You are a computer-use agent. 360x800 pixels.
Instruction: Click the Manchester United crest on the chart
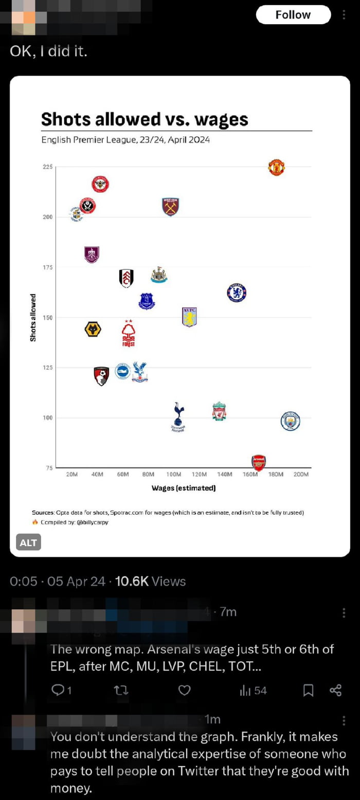[x=276, y=168]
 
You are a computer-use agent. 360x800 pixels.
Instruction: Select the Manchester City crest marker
[x=290, y=421]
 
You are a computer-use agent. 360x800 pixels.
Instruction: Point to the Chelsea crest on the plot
[x=237, y=293]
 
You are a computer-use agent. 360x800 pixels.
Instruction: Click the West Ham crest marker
[x=170, y=207]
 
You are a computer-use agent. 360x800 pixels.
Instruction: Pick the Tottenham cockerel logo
[x=178, y=415]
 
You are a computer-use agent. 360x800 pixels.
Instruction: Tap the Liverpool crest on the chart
[x=220, y=411]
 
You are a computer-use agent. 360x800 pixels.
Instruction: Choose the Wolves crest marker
[x=93, y=329]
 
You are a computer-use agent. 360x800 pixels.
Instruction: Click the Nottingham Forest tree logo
[x=129, y=333]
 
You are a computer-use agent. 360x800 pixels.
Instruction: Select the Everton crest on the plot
[x=147, y=301]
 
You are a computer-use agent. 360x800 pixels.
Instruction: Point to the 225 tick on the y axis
[x=47, y=167]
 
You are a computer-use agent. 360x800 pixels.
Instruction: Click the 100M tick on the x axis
[x=174, y=474]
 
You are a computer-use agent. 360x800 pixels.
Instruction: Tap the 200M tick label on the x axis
[x=301, y=474]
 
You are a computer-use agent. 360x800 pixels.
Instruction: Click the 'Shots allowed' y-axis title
[x=33, y=317]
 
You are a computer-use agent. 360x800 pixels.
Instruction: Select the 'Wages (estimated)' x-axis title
[x=184, y=488]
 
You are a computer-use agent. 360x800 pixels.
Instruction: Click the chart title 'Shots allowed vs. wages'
[x=145, y=119]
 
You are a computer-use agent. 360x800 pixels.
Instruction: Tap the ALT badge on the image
[x=28, y=542]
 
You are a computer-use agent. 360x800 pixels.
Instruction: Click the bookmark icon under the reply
[x=308, y=690]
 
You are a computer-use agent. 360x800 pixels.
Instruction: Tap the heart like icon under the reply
[x=184, y=690]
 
